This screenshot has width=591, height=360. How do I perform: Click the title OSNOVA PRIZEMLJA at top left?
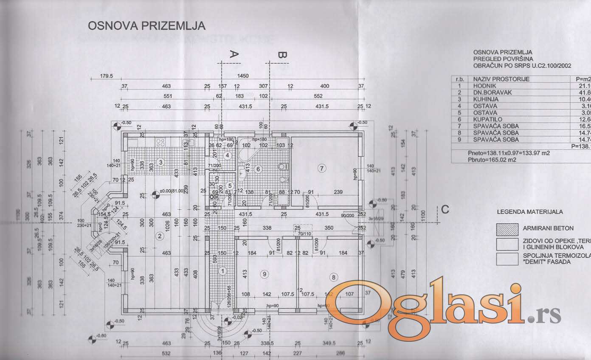click(x=146, y=26)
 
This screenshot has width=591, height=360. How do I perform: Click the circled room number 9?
click(x=265, y=275)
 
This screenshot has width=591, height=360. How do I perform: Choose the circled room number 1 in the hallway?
click(x=222, y=270)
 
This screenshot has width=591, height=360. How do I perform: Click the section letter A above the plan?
click(x=234, y=54)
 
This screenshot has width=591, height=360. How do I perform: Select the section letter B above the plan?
click(x=281, y=55)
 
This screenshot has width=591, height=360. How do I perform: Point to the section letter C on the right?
click(x=445, y=209)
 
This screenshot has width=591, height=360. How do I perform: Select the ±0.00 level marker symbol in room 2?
click(x=156, y=195)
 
